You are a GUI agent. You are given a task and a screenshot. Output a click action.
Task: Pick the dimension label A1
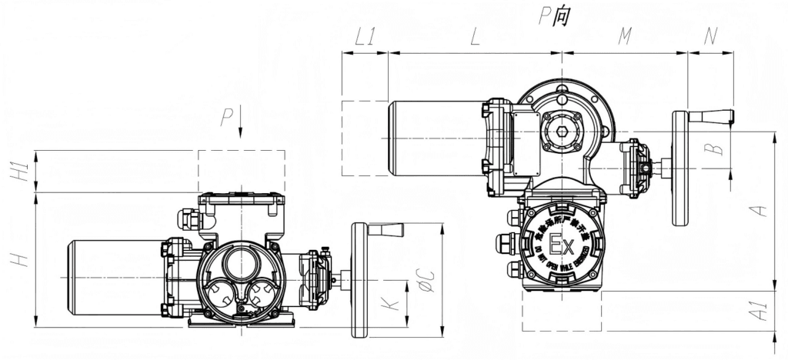coord(760,312)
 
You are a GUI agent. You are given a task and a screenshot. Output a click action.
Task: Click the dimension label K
coord(393,304)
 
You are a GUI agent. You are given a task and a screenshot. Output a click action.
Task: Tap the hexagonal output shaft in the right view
coord(562,132)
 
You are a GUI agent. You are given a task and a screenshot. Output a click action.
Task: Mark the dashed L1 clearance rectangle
coord(364,138)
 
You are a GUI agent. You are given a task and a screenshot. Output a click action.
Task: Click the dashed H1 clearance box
coord(241,172)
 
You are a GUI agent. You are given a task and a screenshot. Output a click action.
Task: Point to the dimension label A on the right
coord(760,209)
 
